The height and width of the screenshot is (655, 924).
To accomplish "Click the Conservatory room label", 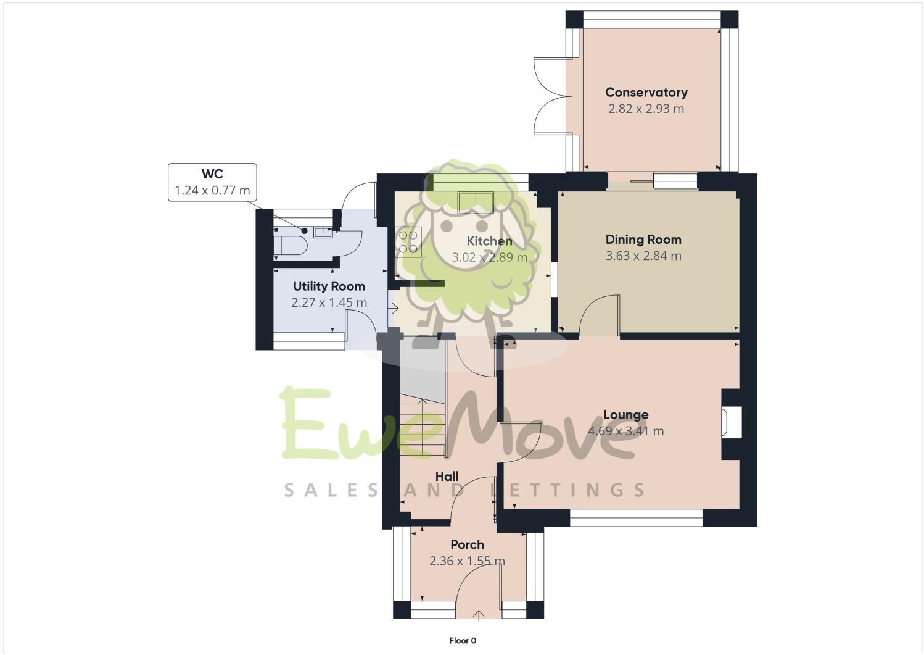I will [x=646, y=93].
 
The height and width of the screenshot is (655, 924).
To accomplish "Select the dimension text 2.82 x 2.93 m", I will [x=646, y=109].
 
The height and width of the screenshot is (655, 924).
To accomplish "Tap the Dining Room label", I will [x=643, y=240].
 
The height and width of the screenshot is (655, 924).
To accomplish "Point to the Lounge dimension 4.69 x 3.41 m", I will [x=626, y=431].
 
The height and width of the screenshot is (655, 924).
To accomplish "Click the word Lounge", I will [x=625, y=415].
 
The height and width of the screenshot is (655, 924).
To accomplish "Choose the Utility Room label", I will [x=329, y=286].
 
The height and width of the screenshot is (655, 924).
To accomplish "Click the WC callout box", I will [x=212, y=182].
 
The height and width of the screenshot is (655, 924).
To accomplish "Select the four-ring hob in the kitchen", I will [x=408, y=241].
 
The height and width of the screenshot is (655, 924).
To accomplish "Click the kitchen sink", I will [x=474, y=201].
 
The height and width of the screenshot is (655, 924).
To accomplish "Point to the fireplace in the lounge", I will [x=732, y=423].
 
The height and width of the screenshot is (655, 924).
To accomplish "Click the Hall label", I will [x=447, y=477].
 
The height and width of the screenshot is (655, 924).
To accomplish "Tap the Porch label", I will [x=467, y=544].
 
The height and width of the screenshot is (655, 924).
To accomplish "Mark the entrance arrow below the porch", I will [x=479, y=615].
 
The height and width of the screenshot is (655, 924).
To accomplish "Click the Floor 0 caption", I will [x=462, y=641].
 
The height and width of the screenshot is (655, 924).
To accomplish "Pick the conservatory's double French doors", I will [x=550, y=96].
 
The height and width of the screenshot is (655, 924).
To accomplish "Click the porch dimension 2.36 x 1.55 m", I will [x=467, y=561].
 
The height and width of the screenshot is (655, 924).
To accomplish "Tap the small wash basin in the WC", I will [x=322, y=233].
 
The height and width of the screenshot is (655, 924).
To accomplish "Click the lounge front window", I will [x=636, y=518].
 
